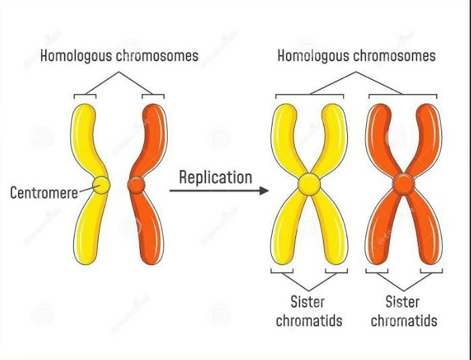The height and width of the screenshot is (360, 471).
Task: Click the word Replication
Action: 215,178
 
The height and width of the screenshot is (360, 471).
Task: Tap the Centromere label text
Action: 44,192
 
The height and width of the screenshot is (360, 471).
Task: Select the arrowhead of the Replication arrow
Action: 264,190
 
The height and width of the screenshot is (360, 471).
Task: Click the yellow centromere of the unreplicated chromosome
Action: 101,185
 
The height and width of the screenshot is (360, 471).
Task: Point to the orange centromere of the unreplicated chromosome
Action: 137,185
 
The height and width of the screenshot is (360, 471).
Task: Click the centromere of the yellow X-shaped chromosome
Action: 309,184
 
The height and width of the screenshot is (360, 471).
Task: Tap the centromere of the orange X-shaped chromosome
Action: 404,184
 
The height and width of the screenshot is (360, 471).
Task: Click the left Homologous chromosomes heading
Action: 119,56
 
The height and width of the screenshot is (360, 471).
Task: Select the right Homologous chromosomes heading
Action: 356,56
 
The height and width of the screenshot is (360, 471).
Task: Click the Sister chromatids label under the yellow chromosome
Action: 309,312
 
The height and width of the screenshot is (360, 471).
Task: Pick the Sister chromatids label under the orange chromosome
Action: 404,312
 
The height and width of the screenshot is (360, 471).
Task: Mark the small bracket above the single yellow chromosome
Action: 85,96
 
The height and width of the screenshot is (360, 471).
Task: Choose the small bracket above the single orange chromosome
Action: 153,96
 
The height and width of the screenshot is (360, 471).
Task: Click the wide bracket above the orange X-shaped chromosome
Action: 403,96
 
